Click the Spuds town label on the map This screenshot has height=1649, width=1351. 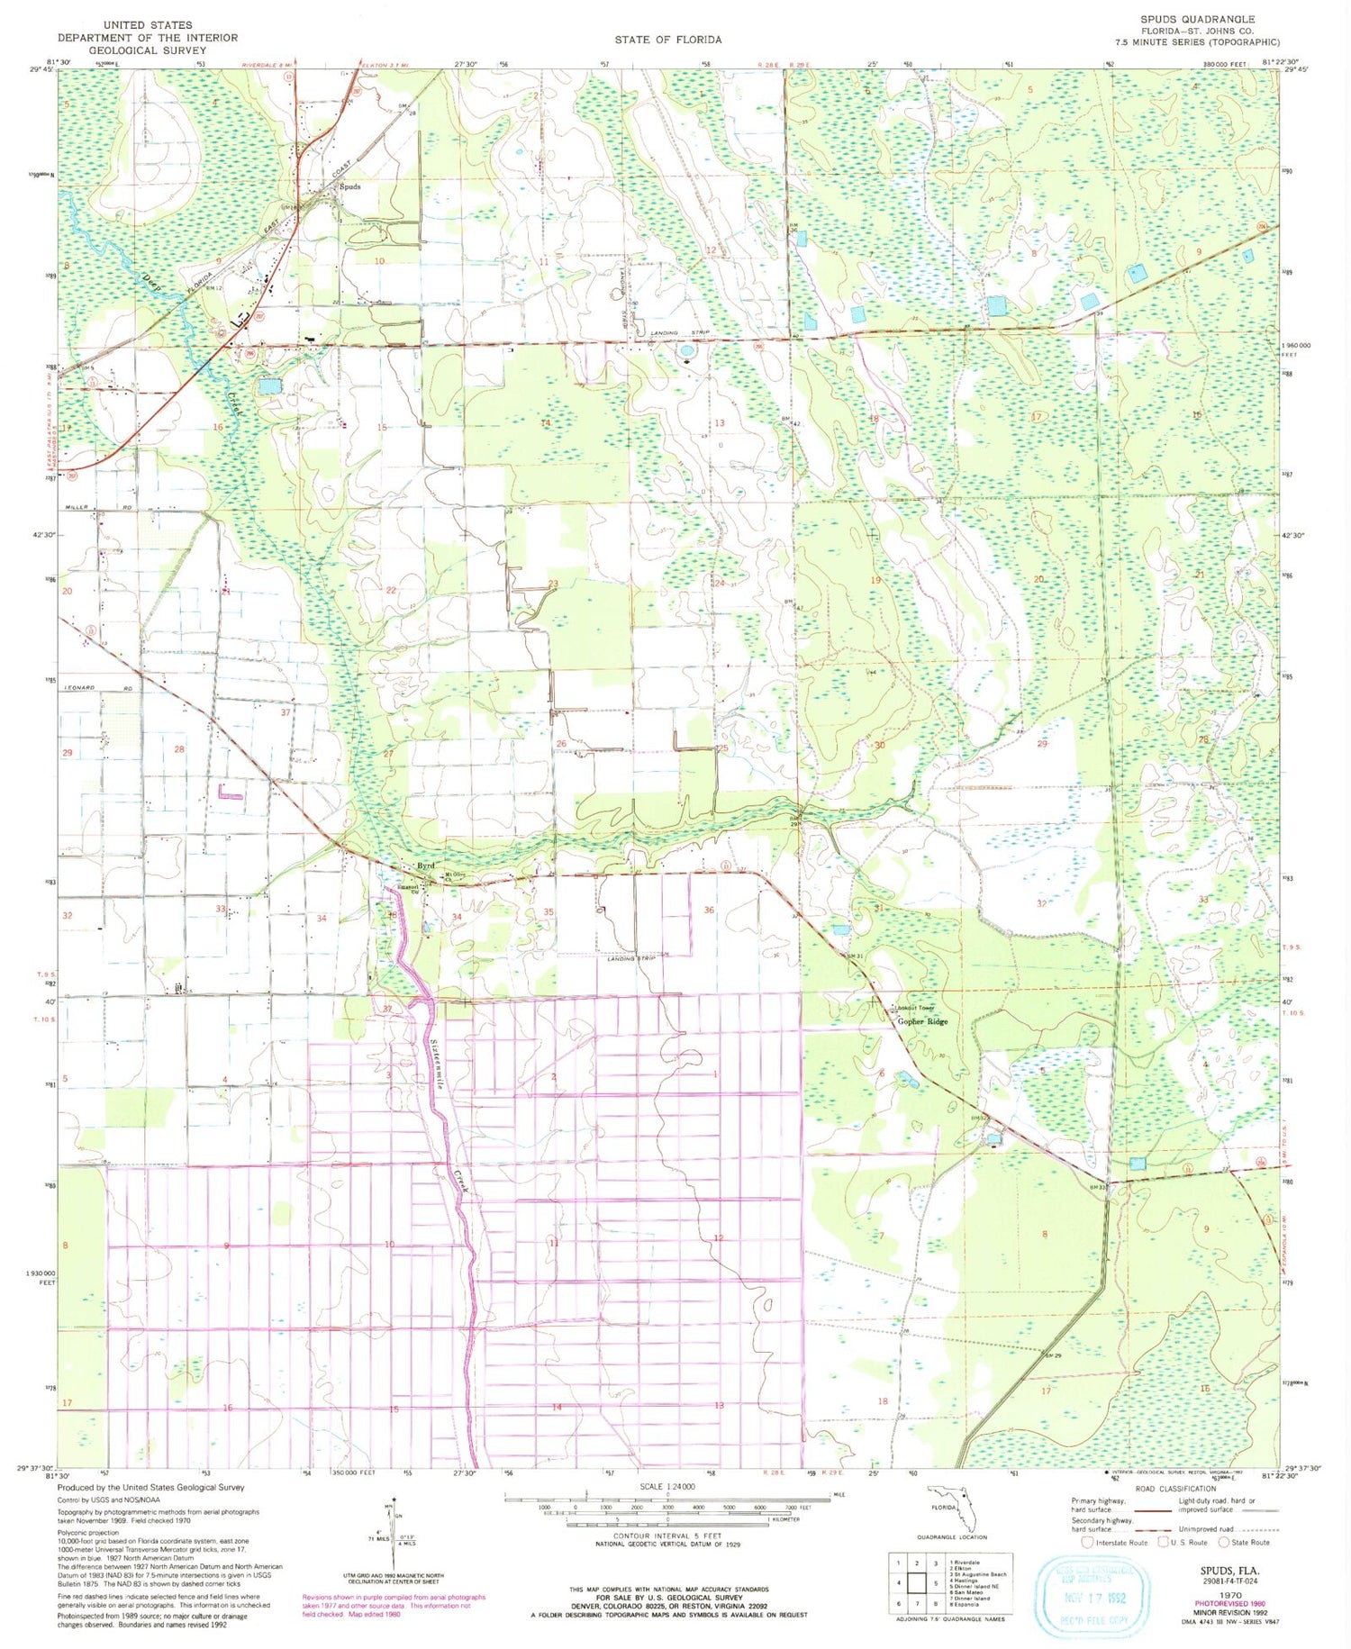point(349,186)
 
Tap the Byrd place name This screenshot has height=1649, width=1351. point(426,865)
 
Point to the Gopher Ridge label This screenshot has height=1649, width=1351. point(922,1021)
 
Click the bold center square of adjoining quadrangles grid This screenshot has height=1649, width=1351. point(918,1582)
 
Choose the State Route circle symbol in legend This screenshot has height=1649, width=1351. point(1223,1542)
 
